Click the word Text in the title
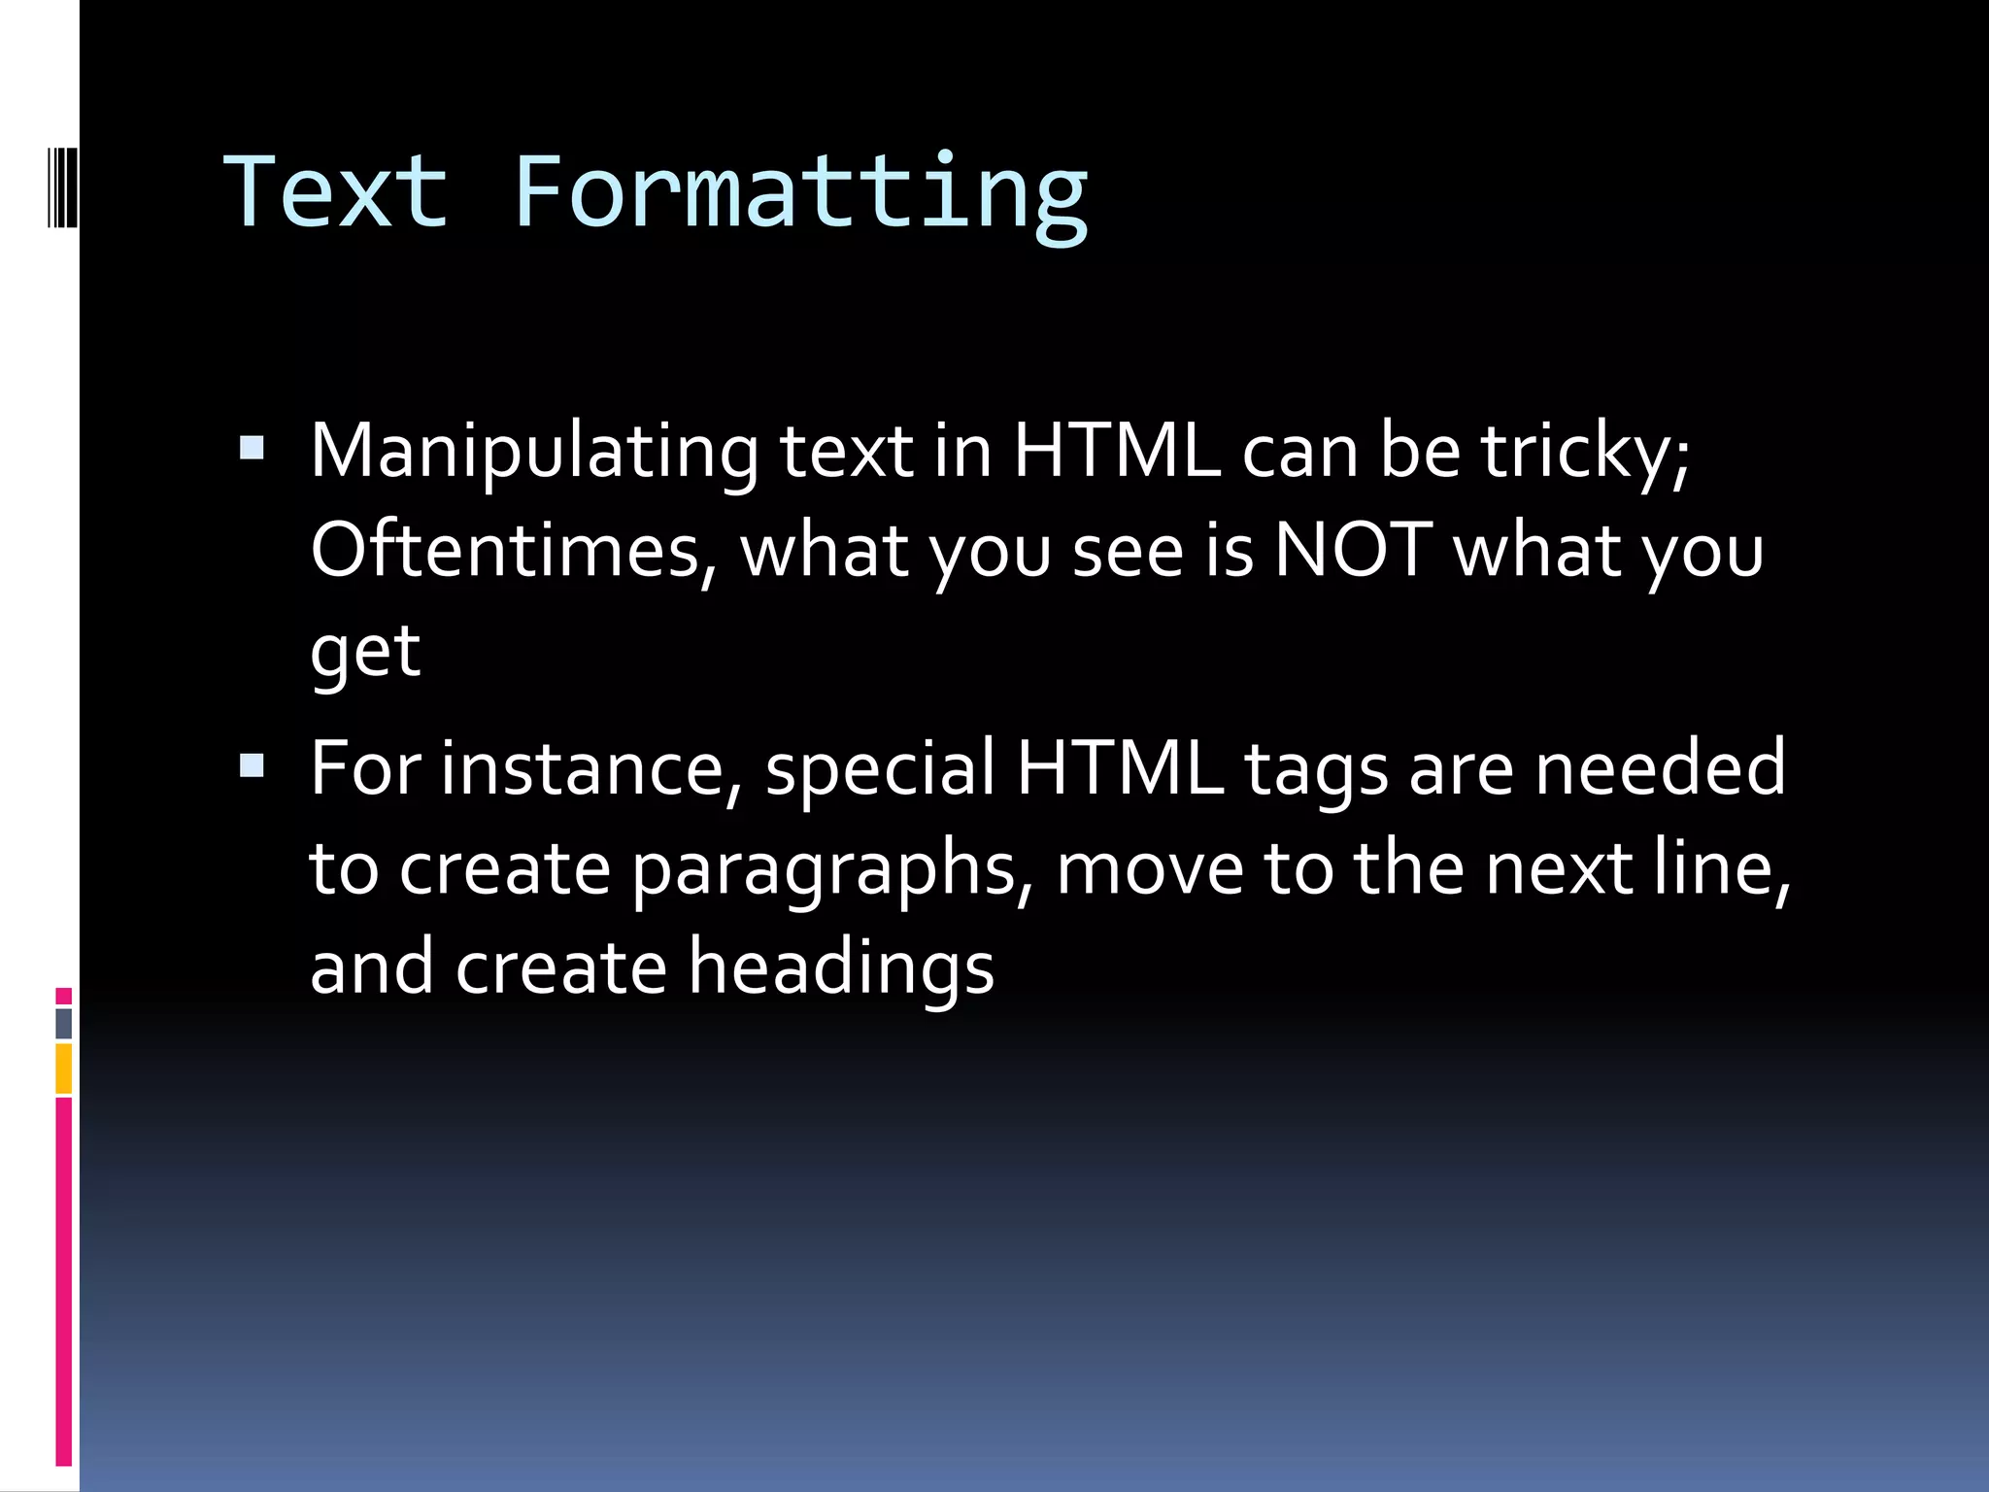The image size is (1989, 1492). [x=336, y=192]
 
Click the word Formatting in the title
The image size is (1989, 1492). [x=799, y=194]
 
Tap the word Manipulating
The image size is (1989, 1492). [x=534, y=453]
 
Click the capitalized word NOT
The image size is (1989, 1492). [x=1352, y=551]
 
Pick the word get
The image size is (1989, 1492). [x=365, y=653]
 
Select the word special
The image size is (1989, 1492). [x=880, y=769]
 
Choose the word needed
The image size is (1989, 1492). [x=1660, y=769]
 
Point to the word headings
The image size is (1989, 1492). [x=841, y=969]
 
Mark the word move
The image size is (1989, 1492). [x=1150, y=869]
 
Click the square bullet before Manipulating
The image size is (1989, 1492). [x=252, y=448]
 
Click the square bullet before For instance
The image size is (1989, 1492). [x=252, y=767]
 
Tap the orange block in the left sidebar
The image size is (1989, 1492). [x=64, y=1068]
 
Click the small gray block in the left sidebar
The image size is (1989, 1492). [x=64, y=1023]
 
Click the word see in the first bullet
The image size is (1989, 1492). [x=1128, y=551]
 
